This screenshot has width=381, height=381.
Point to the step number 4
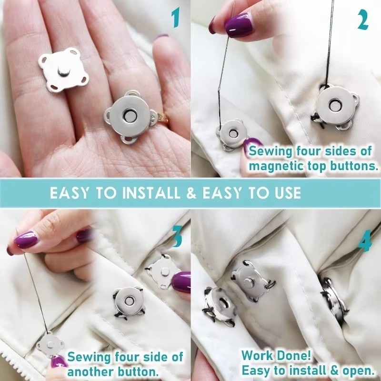[x=364, y=242]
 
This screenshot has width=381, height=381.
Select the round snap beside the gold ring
[x=129, y=117]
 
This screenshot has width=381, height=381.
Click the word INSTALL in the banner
[x=151, y=193]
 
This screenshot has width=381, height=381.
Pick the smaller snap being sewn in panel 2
[x=231, y=133]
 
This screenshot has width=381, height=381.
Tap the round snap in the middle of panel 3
[x=127, y=301]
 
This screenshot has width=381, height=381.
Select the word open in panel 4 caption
[x=352, y=370]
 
